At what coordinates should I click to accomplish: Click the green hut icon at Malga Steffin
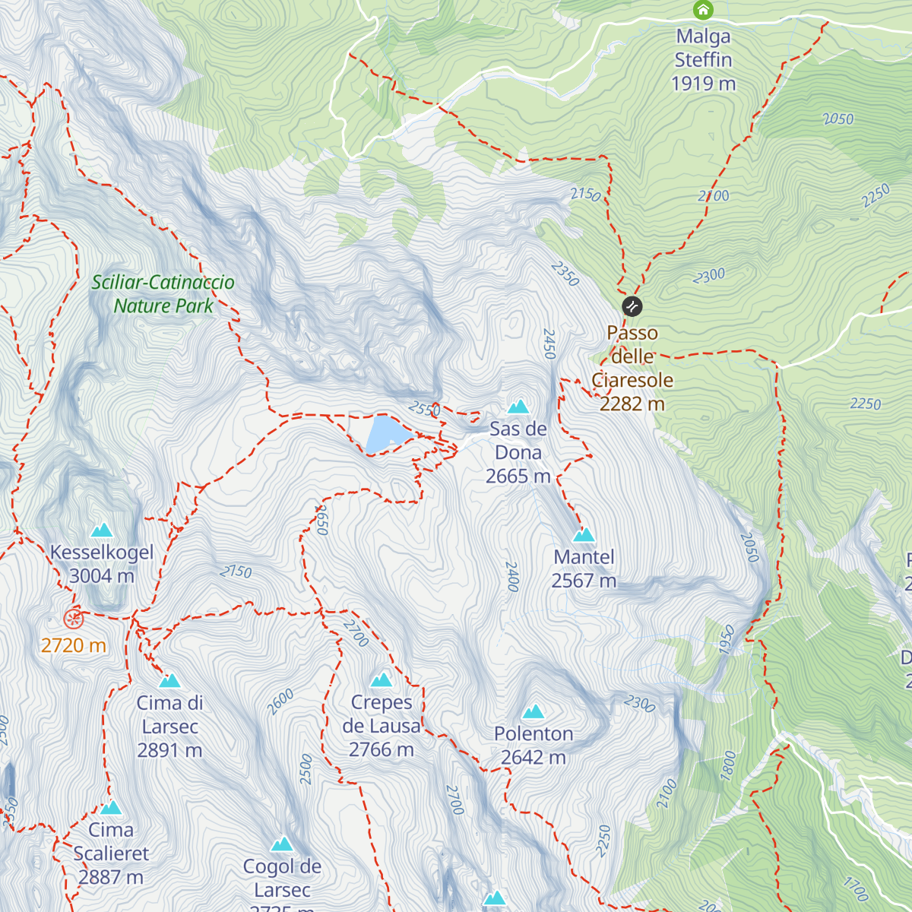(x=703, y=10)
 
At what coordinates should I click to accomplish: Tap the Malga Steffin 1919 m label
(x=703, y=60)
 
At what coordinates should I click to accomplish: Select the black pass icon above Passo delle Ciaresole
(x=632, y=306)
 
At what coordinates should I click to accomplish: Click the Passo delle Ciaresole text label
(x=632, y=369)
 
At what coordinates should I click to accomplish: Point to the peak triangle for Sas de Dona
(x=518, y=407)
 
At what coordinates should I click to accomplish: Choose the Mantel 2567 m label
(x=584, y=568)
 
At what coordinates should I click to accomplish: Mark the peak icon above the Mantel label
(x=584, y=535)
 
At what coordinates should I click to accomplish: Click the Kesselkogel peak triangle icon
(x=102, y=530)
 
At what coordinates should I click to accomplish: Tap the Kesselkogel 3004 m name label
(x=102, y=564)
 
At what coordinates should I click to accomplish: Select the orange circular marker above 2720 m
(x=73, y=619)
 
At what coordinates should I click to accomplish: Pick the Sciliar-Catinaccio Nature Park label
(x=163, y=294)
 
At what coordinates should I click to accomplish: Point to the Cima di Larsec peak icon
(x=169, y=681)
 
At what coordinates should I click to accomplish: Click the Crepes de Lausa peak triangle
(x=382, y=679)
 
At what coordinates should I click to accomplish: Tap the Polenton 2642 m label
(x=534, y=745)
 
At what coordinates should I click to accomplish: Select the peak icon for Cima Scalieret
(x=111, y=808)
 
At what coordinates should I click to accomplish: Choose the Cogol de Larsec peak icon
(x=282, y=844)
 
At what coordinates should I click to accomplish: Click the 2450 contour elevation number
(x=549, y=344)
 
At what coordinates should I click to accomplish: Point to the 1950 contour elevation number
(x=727, y=639)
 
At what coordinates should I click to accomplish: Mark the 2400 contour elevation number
(x=511, y=577)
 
